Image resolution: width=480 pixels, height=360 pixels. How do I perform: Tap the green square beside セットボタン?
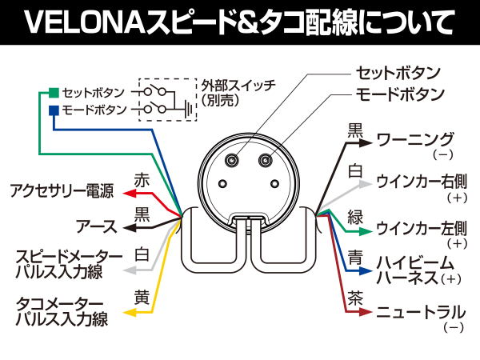point(53,92)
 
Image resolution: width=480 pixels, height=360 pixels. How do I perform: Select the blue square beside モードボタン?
point(53,109)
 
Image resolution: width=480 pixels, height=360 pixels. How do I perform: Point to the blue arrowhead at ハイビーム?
point(366,272)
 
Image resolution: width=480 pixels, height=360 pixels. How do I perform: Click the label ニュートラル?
point(421,311)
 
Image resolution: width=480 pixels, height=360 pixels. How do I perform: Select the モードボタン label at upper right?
point(400,94)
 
